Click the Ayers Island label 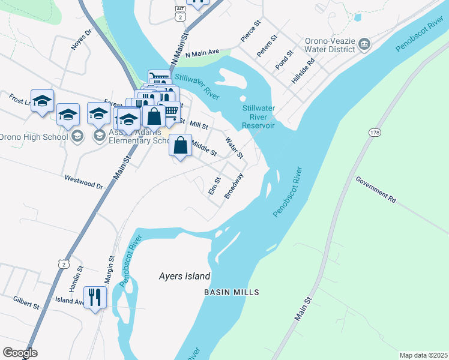tap(184, 277)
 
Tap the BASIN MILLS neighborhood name tap(231, 292)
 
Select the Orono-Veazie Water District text tap(330, 46)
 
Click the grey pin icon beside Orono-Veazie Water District tap(364, 44)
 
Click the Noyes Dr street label tap(82, 40)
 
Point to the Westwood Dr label tap(84, 182)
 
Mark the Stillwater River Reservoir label tap(258, 117)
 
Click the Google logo tap(20, 353)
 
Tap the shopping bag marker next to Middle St tap(181, 146)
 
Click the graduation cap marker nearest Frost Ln tap(42, 101)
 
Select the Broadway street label tap(234, 186)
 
